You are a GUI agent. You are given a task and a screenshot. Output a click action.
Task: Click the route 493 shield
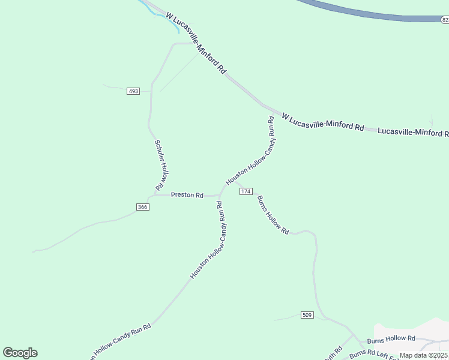133,91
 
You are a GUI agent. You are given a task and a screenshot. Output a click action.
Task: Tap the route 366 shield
142,207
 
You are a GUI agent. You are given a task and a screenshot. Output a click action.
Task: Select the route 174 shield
246,191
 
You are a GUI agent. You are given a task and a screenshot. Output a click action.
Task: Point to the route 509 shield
307,315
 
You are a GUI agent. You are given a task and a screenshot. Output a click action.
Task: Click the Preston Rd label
187,195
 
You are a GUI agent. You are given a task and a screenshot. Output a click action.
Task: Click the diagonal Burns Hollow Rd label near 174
273,215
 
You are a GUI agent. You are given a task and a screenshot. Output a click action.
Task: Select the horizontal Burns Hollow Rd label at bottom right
391,339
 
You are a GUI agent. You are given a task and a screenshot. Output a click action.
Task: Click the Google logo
20,353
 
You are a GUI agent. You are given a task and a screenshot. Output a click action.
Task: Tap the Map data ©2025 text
424,355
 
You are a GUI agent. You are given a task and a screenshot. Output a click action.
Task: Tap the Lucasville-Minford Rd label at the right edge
413,132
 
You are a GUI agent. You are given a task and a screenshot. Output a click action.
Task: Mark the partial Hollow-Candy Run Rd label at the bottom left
120,341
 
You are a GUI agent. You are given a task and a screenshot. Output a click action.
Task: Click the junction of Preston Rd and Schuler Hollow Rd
154,194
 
